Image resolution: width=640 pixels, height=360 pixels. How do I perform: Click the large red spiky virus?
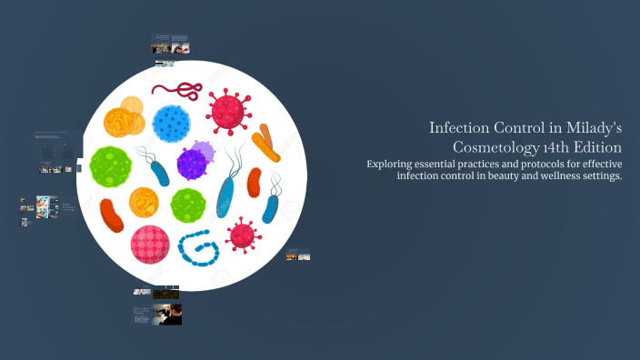click(x=227, y=111)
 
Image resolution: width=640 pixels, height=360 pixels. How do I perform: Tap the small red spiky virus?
click(x=242, y=235)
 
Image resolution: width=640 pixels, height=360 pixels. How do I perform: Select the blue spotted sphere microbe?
click(x=170, y=122)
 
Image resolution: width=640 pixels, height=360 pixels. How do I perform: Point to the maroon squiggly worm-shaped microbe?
click(x=177, y=89)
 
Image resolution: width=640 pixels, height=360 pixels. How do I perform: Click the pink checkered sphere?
click(x=150, y=244)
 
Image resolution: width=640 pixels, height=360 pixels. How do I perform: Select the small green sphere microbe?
click(x=188, y=205)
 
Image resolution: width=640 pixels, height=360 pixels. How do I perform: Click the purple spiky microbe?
click(x=194, y=162)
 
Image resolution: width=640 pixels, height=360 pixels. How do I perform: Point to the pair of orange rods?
click(x=267, y=143)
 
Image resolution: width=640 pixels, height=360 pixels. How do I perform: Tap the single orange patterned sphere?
click(x=144, y=202)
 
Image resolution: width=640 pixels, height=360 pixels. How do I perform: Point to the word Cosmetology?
click(x=501, y=146)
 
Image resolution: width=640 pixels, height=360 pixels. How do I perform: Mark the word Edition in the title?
click(x=603, y=146)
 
